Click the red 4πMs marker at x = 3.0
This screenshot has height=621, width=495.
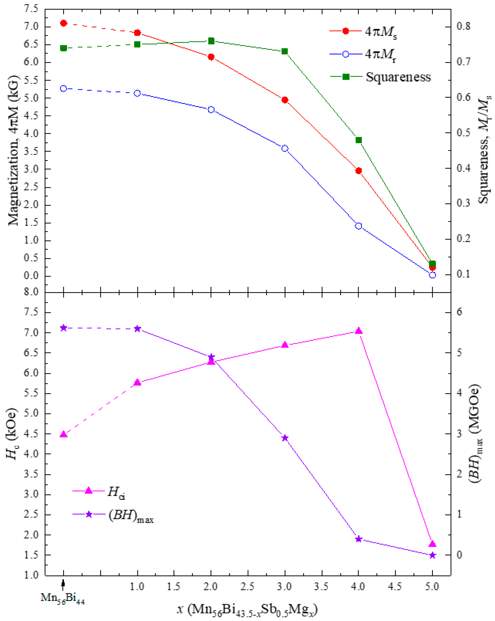coord(285,100)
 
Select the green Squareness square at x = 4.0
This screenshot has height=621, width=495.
coord(358,140)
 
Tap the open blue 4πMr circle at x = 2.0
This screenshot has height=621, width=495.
coord(211,110)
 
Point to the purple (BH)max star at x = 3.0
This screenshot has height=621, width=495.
coord(285,438)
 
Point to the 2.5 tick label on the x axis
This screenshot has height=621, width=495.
coord(247,586)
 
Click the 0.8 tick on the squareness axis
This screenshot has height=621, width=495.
coord(463,27)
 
